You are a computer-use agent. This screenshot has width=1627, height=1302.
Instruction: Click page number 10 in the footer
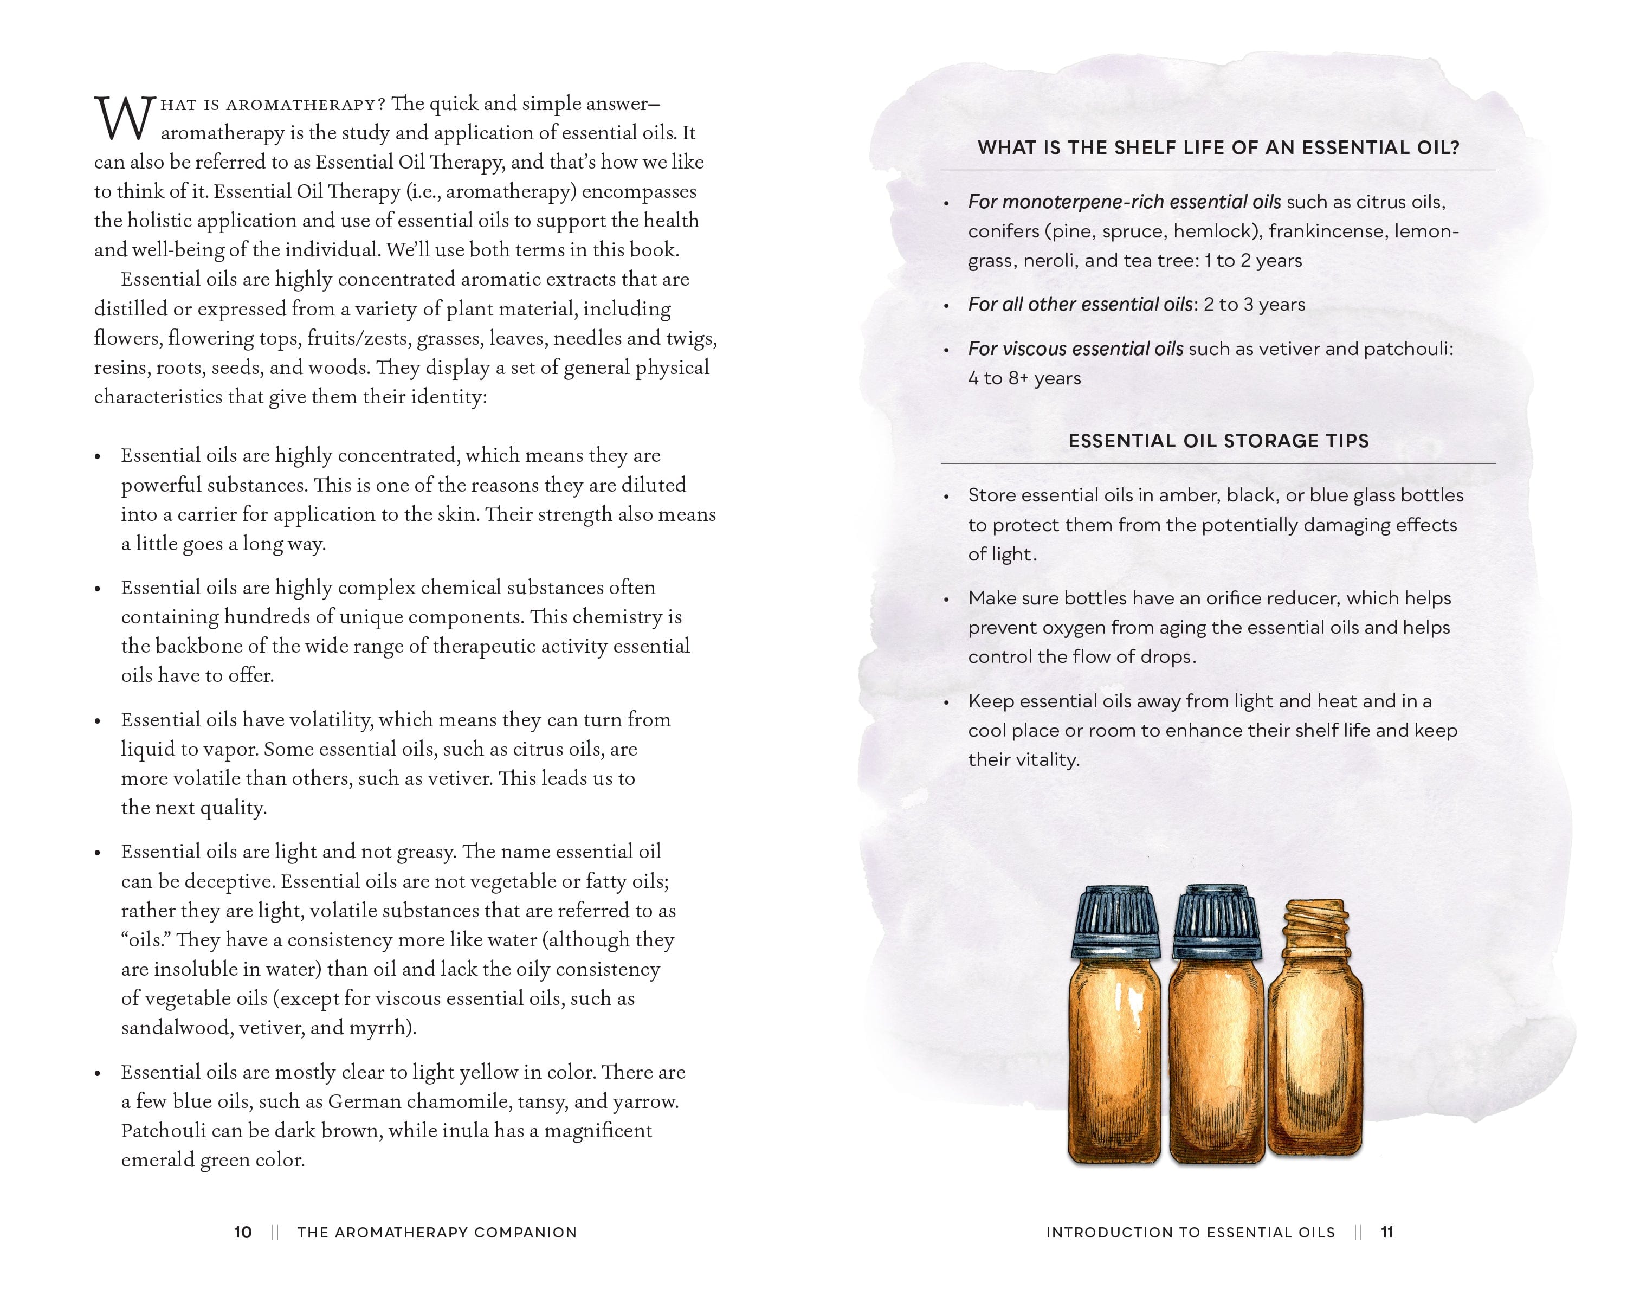coord(243,1233)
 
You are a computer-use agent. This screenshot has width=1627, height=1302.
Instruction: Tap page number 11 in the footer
coord(1387,1233)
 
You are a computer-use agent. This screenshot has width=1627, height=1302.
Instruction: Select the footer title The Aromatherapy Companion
coord(437,1233)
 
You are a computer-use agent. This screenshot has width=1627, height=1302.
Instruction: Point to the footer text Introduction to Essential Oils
coord(1190,1233)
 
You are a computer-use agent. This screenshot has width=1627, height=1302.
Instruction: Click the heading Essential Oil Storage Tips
coord(1218,441)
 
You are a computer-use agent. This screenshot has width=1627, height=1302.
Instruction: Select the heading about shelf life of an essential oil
coord(1218,148)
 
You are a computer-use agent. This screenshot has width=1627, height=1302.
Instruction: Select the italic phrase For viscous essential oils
coord(1075,349)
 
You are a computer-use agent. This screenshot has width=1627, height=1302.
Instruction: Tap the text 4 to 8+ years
coord(1024,378)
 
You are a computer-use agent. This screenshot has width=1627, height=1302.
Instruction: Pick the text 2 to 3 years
coord(1254,304)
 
